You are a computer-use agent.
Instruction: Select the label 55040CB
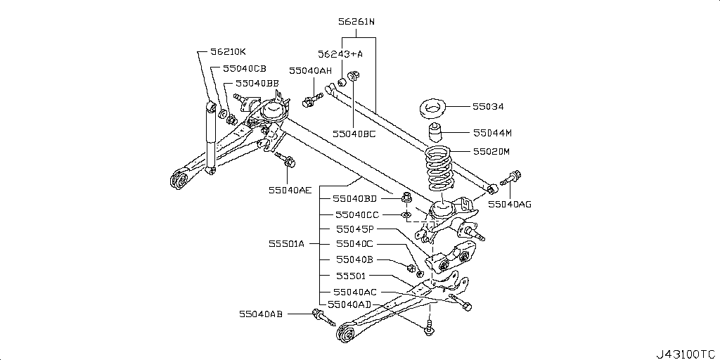pyautogui.click(x=245, y=69)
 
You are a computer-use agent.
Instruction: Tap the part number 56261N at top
pyautogui.click(x=356, y=22)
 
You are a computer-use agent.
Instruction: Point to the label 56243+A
pyautogui.click(x=340, y=53)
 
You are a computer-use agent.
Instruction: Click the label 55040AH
pyautogui.click(x=310, y=71)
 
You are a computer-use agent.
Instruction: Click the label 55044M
pyautogui.click(x=492, y=132)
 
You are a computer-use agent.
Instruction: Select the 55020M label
pyautogui.click(x=491, y=151)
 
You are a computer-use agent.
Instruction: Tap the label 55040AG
pyautogui.click(x=510, y=204)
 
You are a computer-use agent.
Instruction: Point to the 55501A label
pyautogui.click(x=286, y=244)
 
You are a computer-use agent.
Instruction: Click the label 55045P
pyautogui.click(x=354, y=229)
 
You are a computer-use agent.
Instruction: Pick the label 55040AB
pyautogui.click(x=260, y=314)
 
